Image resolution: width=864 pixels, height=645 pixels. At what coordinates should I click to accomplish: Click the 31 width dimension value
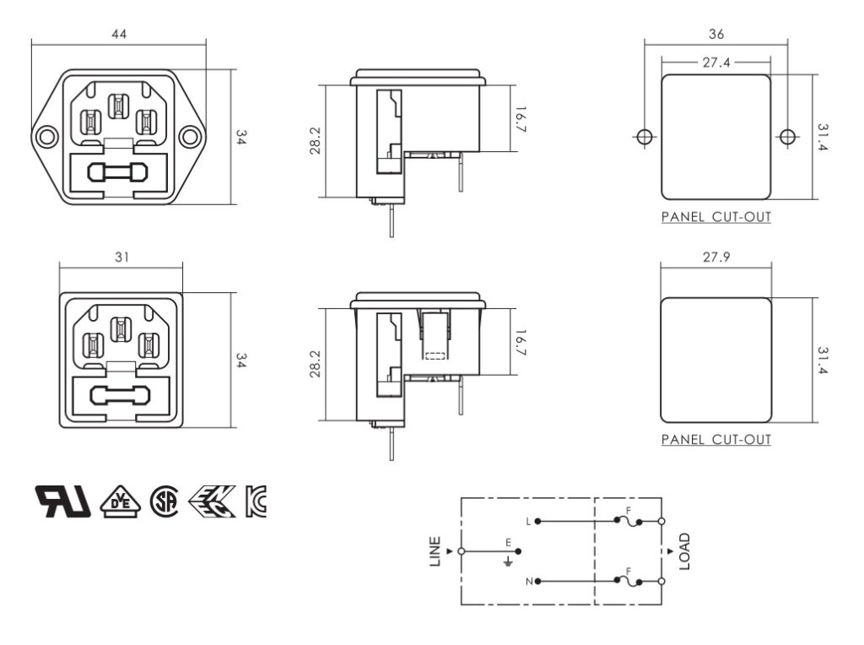pos(121,257)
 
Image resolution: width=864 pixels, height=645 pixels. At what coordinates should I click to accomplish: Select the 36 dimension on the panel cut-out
pos(716,35)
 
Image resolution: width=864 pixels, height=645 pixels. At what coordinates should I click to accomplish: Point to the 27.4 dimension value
pos(716,62)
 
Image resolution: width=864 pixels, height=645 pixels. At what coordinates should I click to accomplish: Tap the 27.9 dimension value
pos(715,257)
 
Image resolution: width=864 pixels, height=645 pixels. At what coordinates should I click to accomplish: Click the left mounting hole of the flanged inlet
pos(46,137)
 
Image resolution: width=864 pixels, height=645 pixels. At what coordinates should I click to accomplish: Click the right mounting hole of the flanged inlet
pos(191,137)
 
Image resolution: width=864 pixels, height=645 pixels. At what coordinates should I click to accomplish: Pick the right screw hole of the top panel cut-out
pos(788,137)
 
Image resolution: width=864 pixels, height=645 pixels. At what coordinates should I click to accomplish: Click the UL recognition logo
pos(62,501)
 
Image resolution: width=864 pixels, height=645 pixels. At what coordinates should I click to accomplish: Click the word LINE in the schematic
pos(435,551)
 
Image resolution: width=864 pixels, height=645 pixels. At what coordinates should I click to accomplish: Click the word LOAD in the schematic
pos(684,551)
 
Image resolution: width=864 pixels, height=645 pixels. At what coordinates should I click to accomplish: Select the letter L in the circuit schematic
pos(528,522)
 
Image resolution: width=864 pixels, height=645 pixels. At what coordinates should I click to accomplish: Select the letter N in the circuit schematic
pos(528,582)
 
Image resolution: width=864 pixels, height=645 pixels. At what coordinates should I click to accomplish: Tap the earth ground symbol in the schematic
pos(508,560)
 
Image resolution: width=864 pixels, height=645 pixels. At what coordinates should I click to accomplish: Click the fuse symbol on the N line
pos(629,580)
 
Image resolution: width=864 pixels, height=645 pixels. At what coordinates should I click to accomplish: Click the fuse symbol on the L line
pos(629,520)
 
